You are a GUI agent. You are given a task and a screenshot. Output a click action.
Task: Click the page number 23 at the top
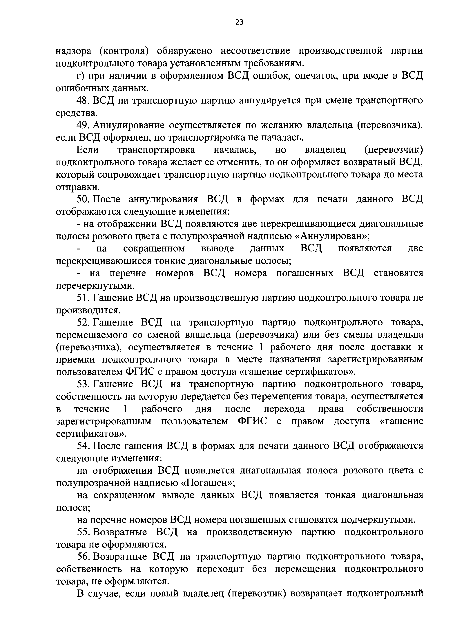coord(239,22)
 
